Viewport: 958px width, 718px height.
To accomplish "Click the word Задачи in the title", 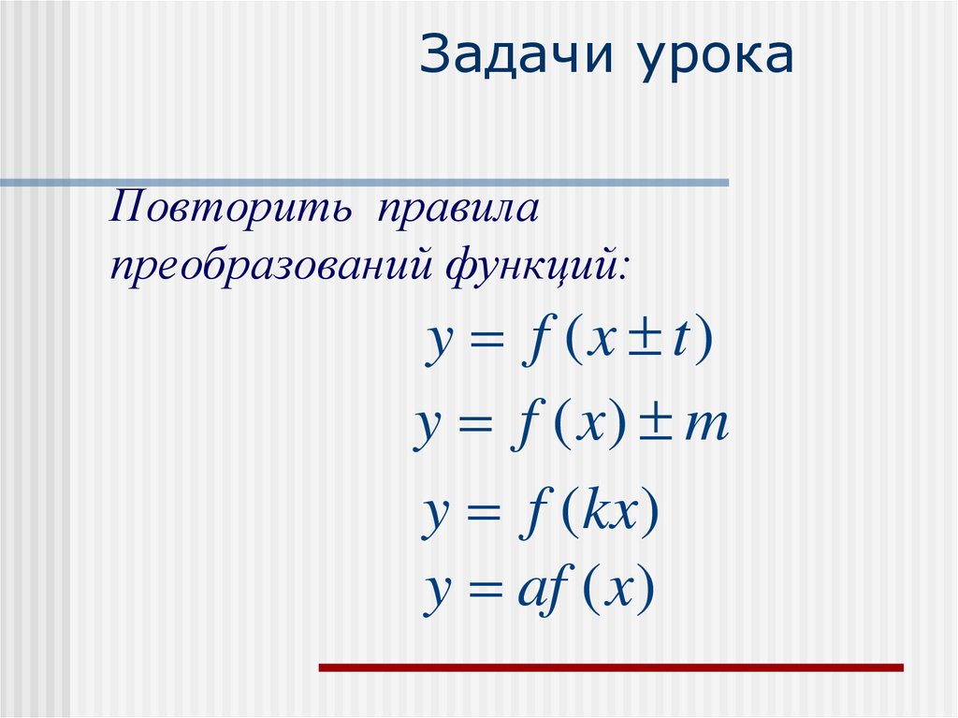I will [x=517, y=58].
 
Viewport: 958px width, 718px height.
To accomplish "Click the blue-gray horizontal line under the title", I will [x=365, y=183].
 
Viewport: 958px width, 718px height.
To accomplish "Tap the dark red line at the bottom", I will [x=611, y=667].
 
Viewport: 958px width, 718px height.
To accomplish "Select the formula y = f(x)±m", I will [x=571, y=430].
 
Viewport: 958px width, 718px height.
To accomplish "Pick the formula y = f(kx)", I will [x=542, y=514].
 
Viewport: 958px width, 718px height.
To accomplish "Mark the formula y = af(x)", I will [x=541, y=592].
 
